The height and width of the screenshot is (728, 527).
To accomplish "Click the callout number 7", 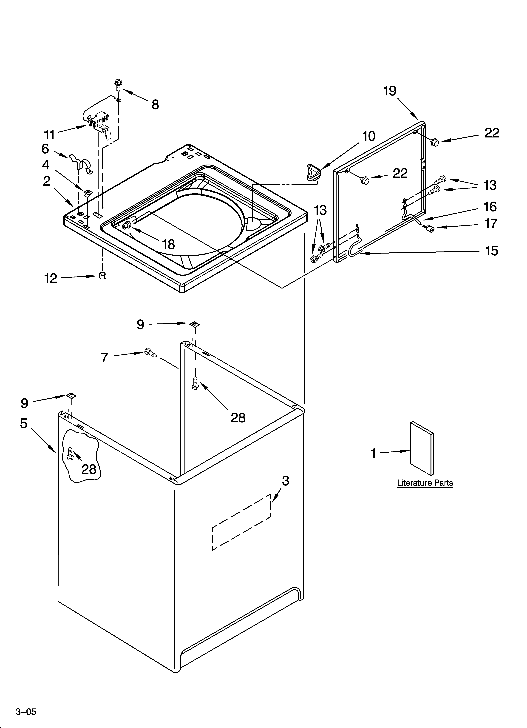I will click(x=105, y=357).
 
